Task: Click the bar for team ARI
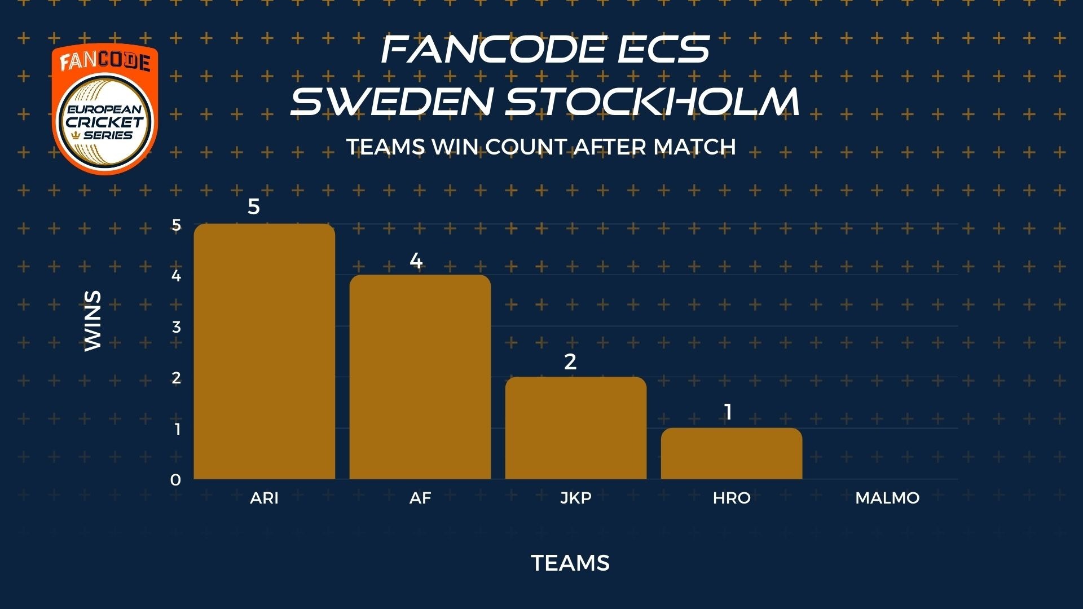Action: coord(265,351)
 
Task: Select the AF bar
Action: coord(420,377)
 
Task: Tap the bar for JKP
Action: coord(576,428)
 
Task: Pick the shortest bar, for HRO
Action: coord(732,453)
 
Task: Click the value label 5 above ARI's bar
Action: coord(254,207)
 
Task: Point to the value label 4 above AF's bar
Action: coord(416,261)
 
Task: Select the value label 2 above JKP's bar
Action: coord(570,361)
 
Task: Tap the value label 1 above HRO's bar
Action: coord(728,412)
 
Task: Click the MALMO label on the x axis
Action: coord(887,498)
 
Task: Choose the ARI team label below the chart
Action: coord(265,498)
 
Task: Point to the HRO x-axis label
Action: coord(732,498)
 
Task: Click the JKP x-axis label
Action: coord(576,498)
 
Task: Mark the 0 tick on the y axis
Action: coord(176,480)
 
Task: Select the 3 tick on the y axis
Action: coord(177,326)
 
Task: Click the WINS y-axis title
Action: coord(93,321)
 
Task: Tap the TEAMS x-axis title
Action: coord(570,563)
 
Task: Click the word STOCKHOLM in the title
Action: coord(653,101)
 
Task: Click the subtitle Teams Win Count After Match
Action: coord(541,147)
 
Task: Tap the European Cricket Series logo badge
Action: coord(105,109)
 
